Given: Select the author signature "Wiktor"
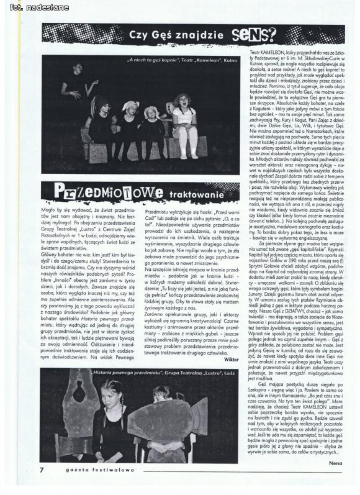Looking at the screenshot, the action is [x=232, y=360].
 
